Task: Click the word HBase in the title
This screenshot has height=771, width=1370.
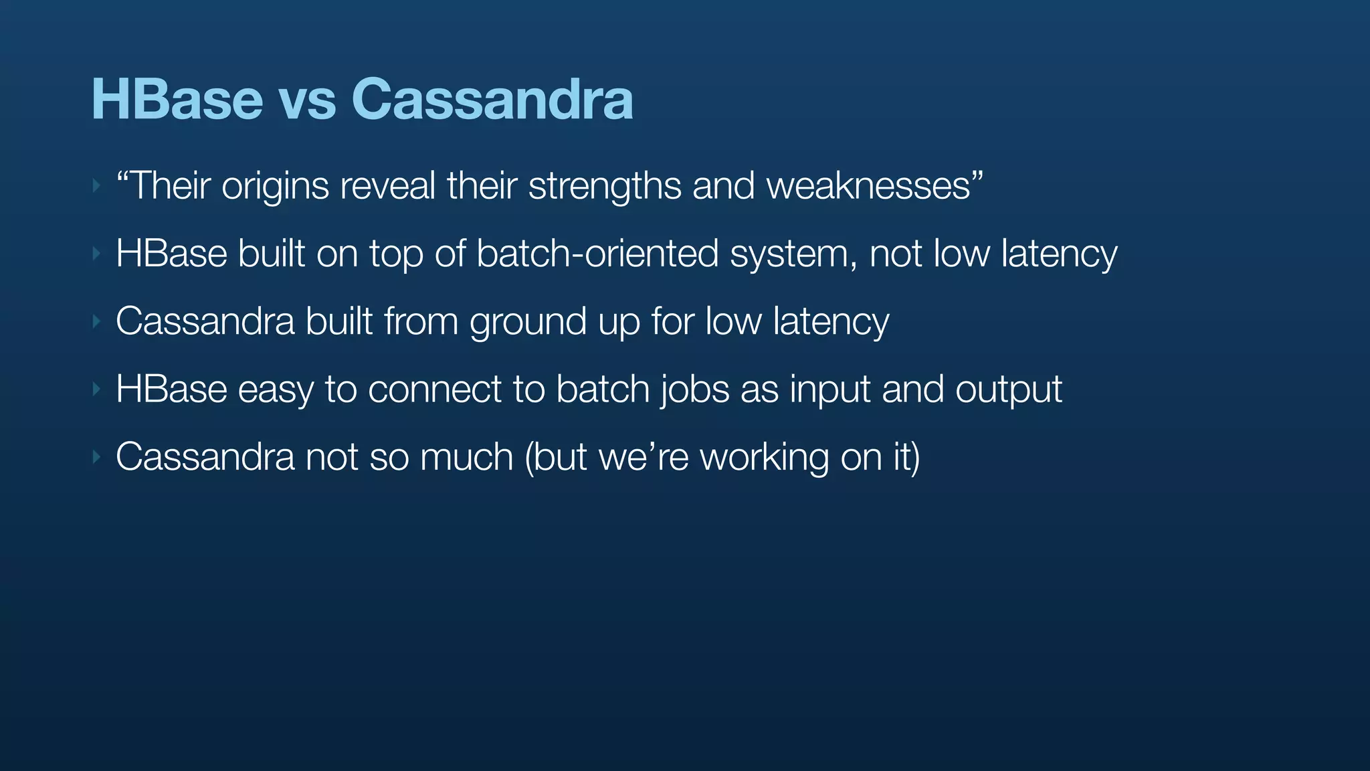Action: [177, 99]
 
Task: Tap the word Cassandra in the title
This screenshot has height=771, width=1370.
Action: [492, 99]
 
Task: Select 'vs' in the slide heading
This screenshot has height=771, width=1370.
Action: [306, 102]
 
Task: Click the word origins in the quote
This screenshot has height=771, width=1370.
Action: [275, 186]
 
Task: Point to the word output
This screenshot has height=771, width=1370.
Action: [1008, 390]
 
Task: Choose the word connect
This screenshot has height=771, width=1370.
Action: [434, 389]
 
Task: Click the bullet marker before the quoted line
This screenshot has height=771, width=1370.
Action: [96, 185]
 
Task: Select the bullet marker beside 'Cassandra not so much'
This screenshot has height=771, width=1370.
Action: [96, 457]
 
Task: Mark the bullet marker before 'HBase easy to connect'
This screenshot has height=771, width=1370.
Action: [96, 389]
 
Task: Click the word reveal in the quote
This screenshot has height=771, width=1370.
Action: [387, 185]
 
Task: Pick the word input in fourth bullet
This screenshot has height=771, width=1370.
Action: [829, 390]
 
